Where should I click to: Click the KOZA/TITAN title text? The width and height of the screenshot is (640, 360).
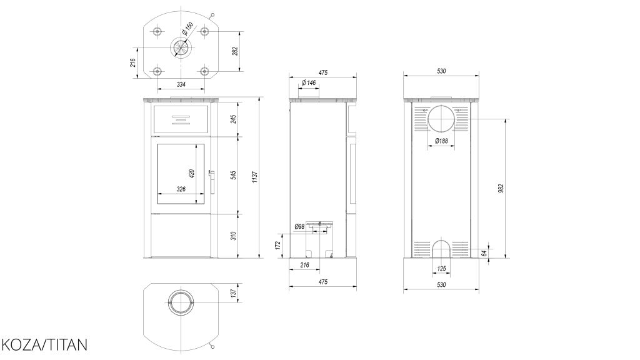[44, 345]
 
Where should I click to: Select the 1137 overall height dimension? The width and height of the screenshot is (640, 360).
[255, 177]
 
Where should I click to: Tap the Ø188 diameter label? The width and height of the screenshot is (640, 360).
[441, 141]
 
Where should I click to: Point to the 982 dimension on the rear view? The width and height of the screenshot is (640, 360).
[501, 188]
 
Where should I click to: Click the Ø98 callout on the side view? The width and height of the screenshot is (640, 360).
[299, 226]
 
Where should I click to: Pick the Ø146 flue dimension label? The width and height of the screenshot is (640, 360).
[309, 82]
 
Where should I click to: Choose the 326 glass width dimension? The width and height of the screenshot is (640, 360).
[181, 189]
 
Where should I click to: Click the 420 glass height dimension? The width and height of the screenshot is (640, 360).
[191, 174]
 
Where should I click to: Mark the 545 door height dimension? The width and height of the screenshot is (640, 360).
[234, 175]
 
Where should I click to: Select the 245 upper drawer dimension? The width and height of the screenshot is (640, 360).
[234, 119]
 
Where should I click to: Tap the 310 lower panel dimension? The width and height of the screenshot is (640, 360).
[234, 236]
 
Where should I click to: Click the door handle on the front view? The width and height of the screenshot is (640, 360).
[211, 182]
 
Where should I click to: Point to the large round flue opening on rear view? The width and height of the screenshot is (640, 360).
[441, 118]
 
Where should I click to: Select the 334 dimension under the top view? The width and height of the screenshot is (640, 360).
[181, 84]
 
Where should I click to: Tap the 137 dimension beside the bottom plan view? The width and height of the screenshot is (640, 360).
[233, 293]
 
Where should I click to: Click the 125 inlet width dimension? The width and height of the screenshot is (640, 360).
[441, 269]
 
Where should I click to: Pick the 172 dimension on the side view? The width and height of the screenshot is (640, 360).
[277, 245]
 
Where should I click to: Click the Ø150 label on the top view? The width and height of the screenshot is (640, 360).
[187, 27]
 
